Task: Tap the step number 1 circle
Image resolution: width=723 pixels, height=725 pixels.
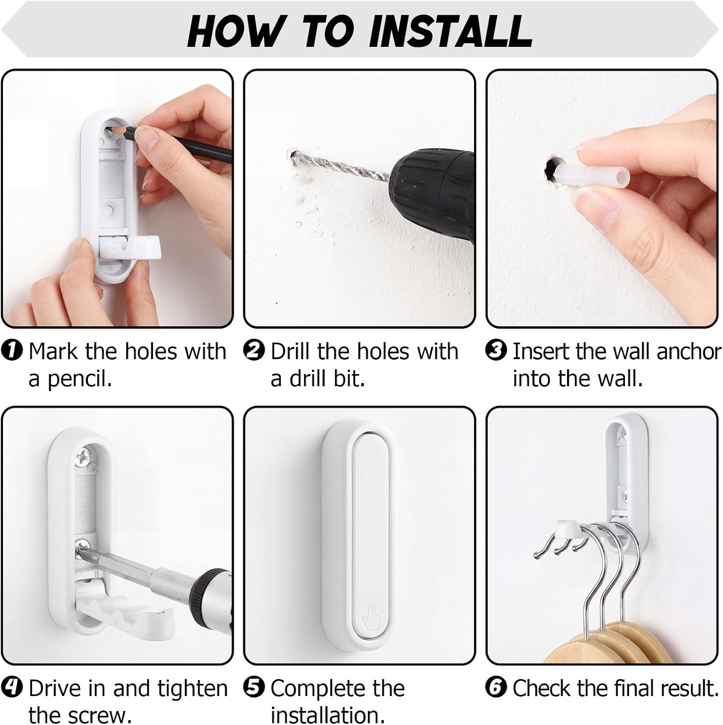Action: point(12,350)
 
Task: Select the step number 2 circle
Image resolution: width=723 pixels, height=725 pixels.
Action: point(254,350)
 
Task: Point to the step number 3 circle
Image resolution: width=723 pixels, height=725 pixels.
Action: point(496,350)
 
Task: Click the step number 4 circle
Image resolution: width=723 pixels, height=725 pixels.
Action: point(12,688)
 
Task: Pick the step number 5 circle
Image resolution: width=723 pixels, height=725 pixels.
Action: point(254,688)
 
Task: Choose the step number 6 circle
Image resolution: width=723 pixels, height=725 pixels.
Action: point(496,688)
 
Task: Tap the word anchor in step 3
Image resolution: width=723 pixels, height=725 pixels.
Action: point(689,351)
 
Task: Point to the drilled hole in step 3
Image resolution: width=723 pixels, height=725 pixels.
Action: point(552,170)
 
